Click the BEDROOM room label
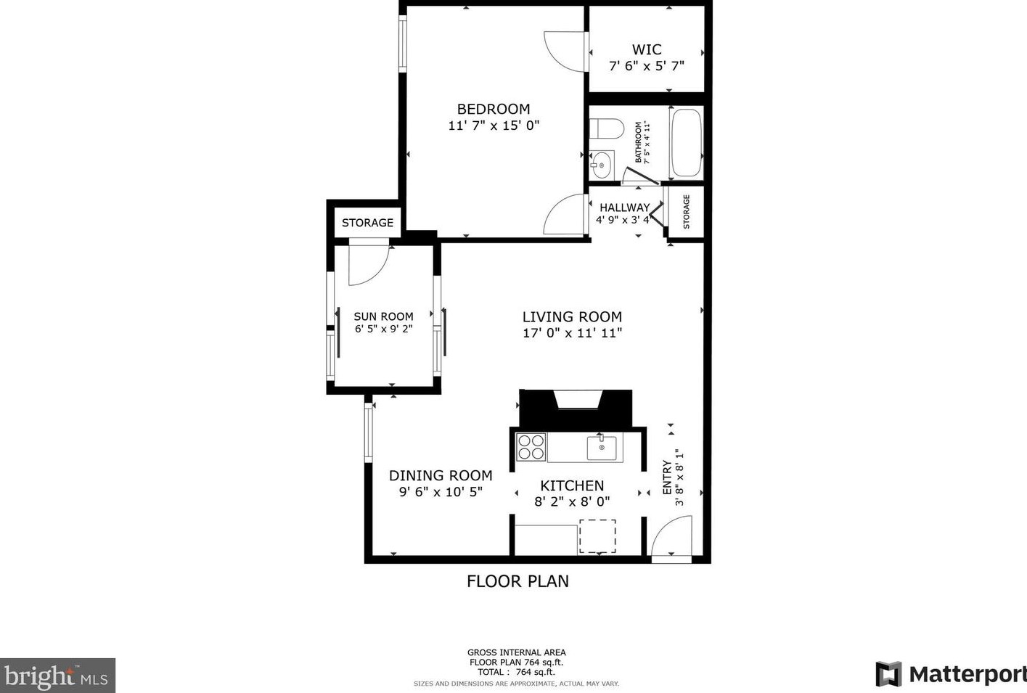494,110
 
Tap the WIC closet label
646,49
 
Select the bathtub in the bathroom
686,143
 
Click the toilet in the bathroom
605,130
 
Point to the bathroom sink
601,165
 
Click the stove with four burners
531,446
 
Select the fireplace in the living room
576,408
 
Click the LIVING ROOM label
572,317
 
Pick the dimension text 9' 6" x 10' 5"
441,492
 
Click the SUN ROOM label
383,316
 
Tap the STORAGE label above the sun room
367,223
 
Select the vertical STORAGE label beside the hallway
686,211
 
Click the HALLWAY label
624,208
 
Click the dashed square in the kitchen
597,536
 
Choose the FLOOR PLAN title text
517,581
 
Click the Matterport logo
951,674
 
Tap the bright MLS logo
57,676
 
